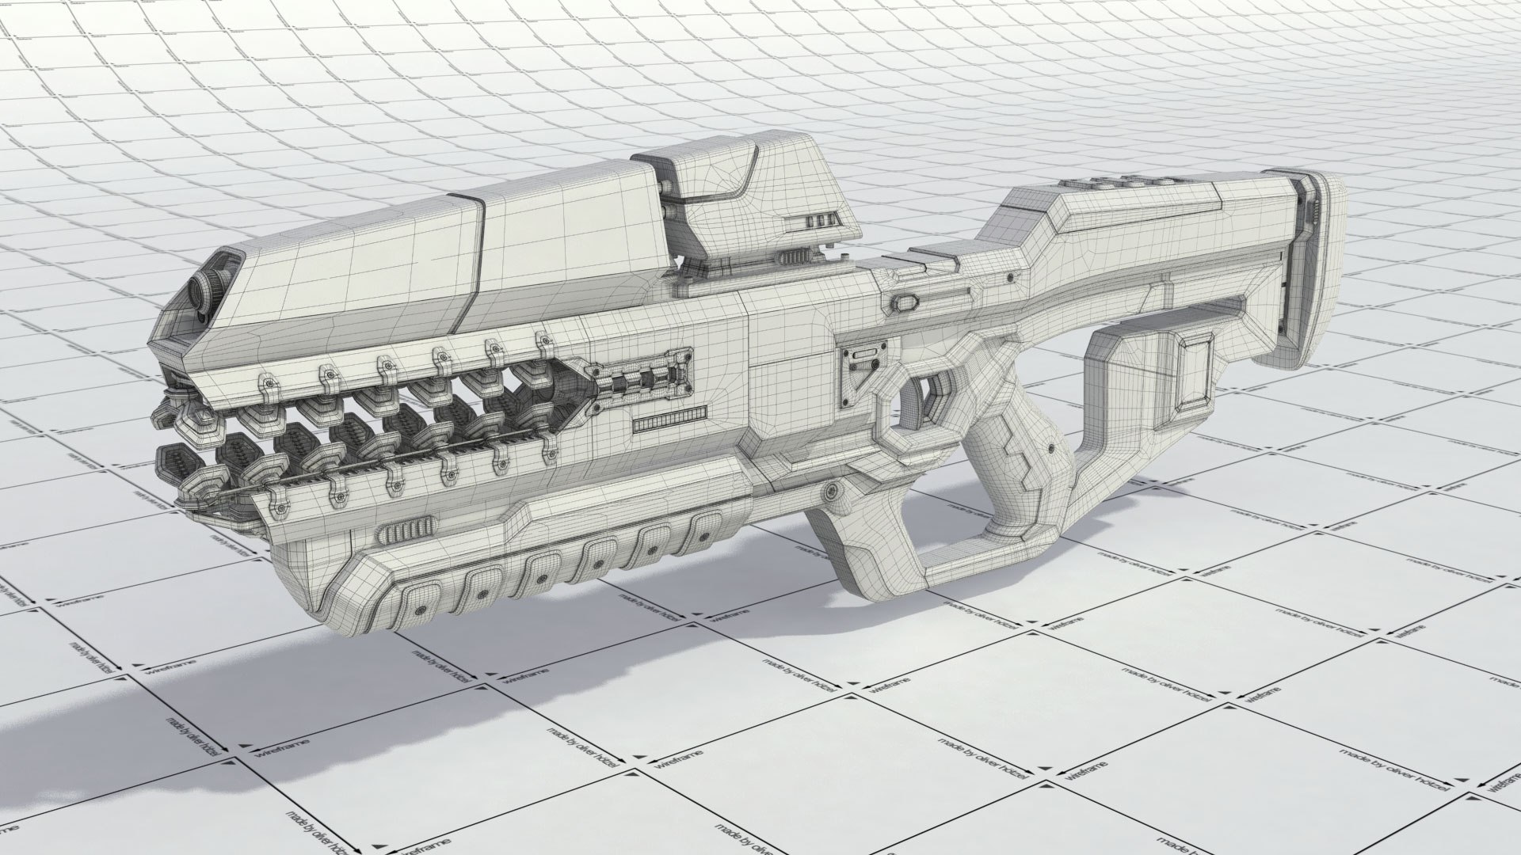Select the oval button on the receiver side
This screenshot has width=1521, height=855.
tap(907, 302)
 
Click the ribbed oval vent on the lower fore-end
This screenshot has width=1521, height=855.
tap(405, 528)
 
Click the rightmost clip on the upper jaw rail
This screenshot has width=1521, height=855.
tap(543, 342)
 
